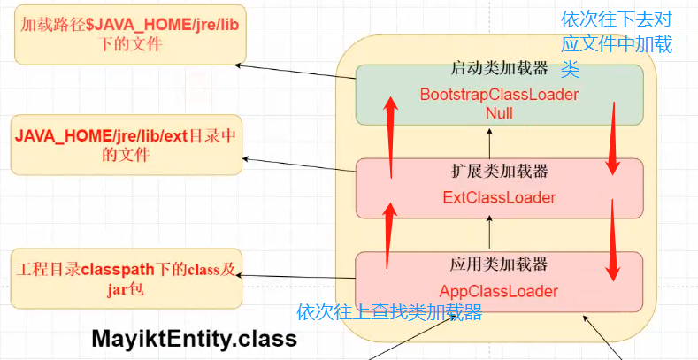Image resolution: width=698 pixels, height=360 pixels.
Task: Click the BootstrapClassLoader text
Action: [x=499, y=94]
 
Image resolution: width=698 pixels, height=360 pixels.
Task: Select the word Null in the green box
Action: [x=499, y=112]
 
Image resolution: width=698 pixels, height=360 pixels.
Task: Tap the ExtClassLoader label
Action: [x=499, y=197]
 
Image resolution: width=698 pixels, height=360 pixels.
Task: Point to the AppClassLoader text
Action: [x=499, y=291]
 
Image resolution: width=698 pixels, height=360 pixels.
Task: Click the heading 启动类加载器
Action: [x=499, y=69]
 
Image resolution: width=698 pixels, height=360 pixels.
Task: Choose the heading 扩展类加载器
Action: [x=499, y=171]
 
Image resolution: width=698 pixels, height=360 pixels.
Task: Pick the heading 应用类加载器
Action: [x=499, y=264]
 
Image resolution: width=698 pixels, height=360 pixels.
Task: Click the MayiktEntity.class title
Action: [x=195, y=339]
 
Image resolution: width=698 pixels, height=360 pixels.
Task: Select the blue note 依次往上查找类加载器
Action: [x=389, y=312]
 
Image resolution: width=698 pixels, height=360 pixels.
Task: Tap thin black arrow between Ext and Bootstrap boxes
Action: [x=488, y=141]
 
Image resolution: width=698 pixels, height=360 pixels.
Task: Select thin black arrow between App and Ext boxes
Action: [x=489, y=234]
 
